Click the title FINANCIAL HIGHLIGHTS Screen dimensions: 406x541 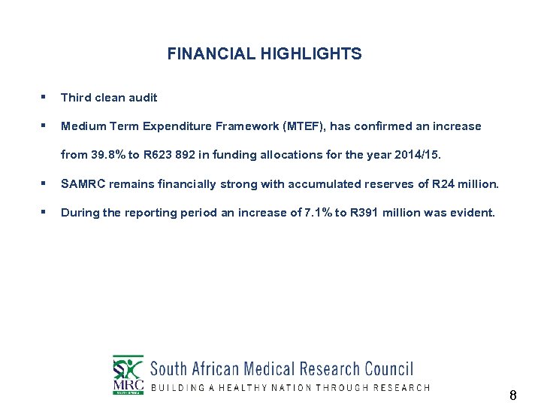(264, 54)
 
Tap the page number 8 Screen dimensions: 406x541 (512, 395)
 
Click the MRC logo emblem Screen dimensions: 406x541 (128, 374)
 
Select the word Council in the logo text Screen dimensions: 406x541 (388, 369)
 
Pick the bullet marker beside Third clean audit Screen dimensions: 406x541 (44, 97)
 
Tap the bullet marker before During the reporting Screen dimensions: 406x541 (44, 212)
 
